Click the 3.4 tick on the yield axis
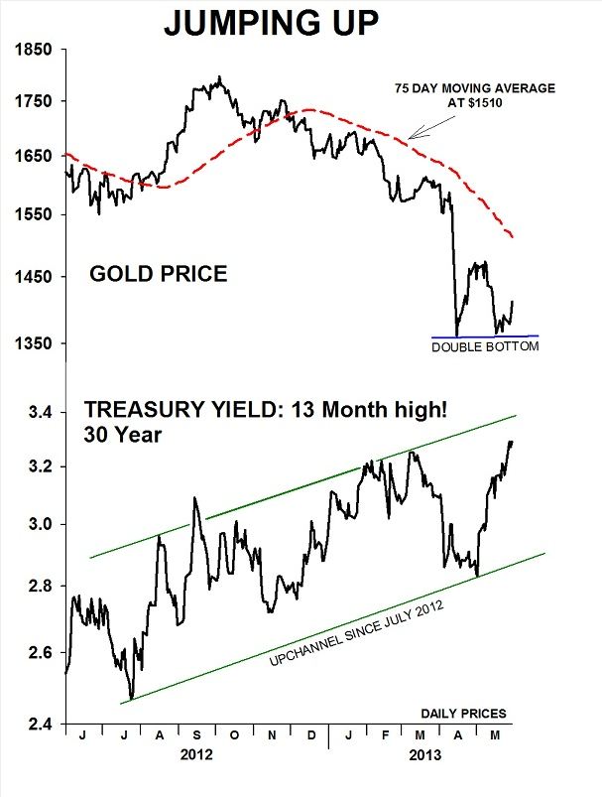pos(42,412)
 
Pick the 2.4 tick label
pos(42,725)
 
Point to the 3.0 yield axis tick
pos(42,525)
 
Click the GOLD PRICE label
pos(159,273)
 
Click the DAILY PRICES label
pos(463,713)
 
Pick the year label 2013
pos(426,754)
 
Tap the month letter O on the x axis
pos(234,736)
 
